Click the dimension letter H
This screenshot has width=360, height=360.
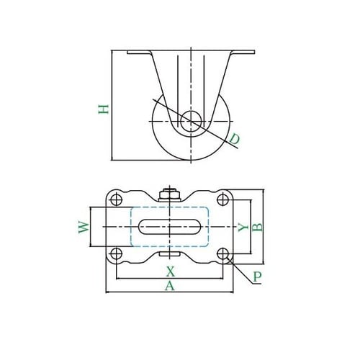point(104,109)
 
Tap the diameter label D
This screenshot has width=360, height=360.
point(235,140)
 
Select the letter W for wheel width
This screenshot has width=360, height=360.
point(84,227)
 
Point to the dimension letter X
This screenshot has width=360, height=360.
point(170,271)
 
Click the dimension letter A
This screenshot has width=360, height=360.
point(170,286)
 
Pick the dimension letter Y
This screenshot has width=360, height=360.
point(243,227)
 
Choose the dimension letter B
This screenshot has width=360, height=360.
point(258,227)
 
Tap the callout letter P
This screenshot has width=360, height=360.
point(257,276)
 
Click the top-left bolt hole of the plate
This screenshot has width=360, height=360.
point(117,199)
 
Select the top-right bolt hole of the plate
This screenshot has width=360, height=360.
point(222,199)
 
